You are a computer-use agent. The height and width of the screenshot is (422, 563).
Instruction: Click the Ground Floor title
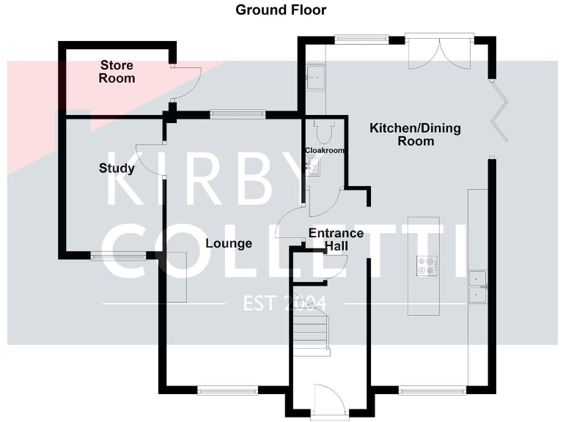(x=281, y=10)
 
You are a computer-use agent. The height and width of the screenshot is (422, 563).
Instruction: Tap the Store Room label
(x=117, y=72)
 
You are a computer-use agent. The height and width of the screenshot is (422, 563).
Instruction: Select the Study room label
(x=117, y=168)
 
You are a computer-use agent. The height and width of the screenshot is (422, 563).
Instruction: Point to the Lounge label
(x=229, y=243)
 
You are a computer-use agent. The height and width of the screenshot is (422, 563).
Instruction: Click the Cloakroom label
(x=325, y=150)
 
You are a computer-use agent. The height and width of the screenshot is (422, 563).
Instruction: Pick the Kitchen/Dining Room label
(x=415, y=134)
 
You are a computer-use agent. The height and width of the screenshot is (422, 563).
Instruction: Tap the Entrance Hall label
(x=336, y=240)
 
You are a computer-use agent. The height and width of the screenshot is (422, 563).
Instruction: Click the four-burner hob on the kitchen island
(x=427, y=266)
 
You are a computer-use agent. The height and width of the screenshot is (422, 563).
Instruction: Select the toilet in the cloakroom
(x=324, y=131)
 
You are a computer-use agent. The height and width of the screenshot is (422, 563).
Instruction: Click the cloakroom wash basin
(x=312, y=166)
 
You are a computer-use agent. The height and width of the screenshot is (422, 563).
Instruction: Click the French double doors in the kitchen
(x=440, y=51)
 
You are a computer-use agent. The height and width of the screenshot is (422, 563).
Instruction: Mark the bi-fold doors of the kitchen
(x=499, y=112)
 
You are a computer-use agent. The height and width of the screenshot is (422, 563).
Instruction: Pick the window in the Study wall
(x=118, y=256)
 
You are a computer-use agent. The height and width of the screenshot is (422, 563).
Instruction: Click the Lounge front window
(x=228, y=390)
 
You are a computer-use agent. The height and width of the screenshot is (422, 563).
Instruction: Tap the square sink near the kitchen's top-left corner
(x=316, y=77)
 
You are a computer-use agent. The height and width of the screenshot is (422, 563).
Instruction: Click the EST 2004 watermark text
(x=284, y=303)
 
